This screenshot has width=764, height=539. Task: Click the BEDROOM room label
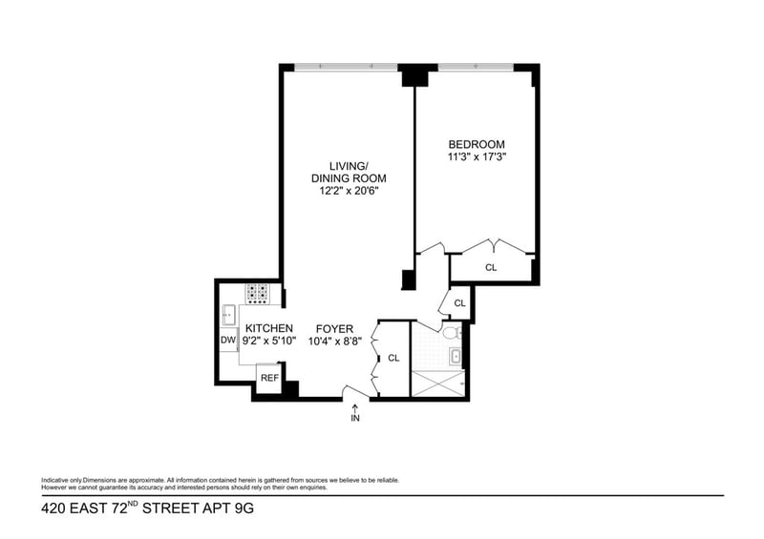click(x=476, y=144)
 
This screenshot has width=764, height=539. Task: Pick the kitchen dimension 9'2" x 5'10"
click(x=269, y=341)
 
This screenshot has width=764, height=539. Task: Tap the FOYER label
click(x=334, y=329)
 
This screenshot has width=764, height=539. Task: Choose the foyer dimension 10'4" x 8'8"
click(x=334, y=341)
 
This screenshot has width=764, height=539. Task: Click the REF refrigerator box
click(x=269, y=378)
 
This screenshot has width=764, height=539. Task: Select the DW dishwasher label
click(x=228, y=340)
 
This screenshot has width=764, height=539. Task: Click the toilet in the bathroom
click(x=453, y=333)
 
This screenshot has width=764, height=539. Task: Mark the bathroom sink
click(x=456, y=359)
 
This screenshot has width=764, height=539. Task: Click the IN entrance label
click(x=355, y=418)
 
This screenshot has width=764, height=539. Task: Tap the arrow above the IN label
click(x=355, y=406)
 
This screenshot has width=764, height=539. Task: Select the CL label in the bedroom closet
click(x=491, y=268)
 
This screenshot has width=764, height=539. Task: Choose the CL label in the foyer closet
click(x=393, y=359)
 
